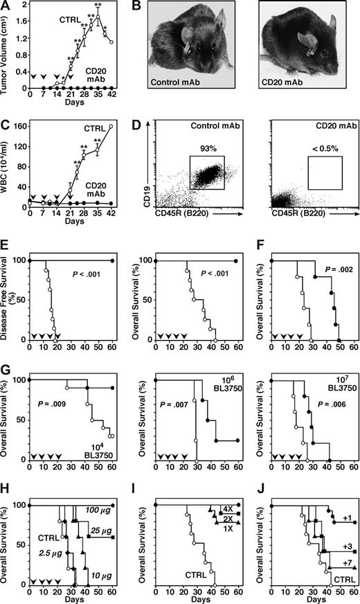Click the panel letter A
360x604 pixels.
[x=6, y=6]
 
